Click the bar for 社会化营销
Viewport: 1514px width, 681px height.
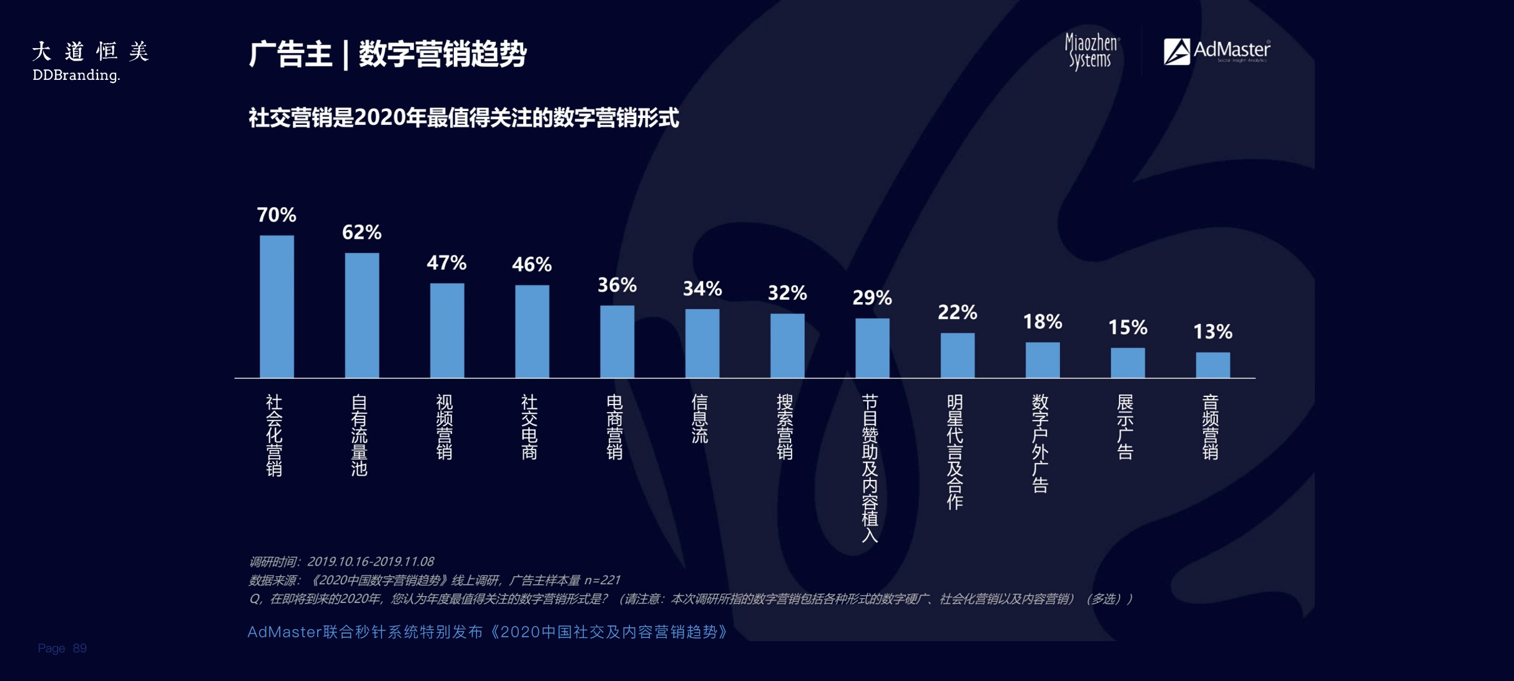click(277, 306)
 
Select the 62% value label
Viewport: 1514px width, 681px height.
click(361, 233)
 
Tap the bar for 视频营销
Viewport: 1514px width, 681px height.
click(447, 330)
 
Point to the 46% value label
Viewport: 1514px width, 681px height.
click(532, 265)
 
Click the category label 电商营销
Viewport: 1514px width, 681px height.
click(615, 427)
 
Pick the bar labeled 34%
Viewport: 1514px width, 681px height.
click(702, 343)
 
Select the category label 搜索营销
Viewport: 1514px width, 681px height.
click(785, 427)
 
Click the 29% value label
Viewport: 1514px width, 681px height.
click(872, 298)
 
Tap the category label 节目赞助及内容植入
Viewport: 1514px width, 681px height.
click(870, 468)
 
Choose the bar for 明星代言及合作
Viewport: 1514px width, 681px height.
click(957, 355)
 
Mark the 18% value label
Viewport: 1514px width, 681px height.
click(1042, 322)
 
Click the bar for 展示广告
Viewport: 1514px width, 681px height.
click(1128, 363)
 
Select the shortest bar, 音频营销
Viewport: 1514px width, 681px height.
click(1212, 365)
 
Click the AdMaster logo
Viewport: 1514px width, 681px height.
click(1216, 51)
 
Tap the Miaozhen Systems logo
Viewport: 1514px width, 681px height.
click(1091, 51)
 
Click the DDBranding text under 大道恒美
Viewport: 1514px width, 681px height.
click(76, 76)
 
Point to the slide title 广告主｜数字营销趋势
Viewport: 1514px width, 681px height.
click(387, 54)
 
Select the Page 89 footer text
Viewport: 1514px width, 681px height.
click(62, 648)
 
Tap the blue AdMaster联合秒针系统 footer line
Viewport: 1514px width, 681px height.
click(487, 632)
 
